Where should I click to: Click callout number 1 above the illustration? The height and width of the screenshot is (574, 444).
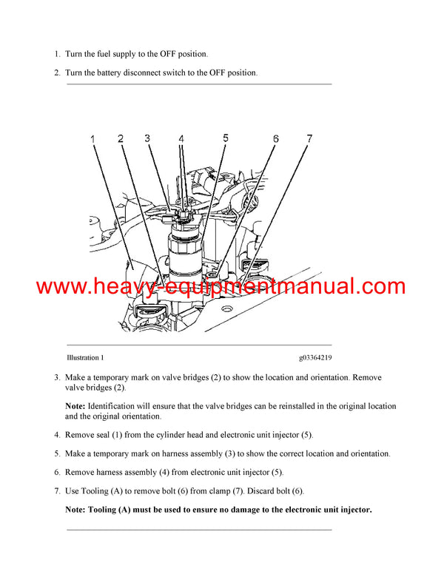tap(94, 139)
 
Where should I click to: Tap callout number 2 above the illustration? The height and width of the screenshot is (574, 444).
tap(121, 138)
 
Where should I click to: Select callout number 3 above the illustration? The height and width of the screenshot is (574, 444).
tap(147, 138)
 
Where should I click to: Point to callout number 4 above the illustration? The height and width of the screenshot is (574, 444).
tap(181, 139)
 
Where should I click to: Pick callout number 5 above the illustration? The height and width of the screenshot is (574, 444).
tap(226, 138)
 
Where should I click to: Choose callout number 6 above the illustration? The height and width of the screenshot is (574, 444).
tap(275, 139)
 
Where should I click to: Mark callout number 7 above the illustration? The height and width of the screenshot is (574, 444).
tap(309, 138)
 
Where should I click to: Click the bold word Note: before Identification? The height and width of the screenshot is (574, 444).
tap(75, 406)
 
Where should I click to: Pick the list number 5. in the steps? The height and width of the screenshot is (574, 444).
tap(57, 453)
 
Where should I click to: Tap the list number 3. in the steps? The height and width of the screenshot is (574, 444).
tap(57, 377)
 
